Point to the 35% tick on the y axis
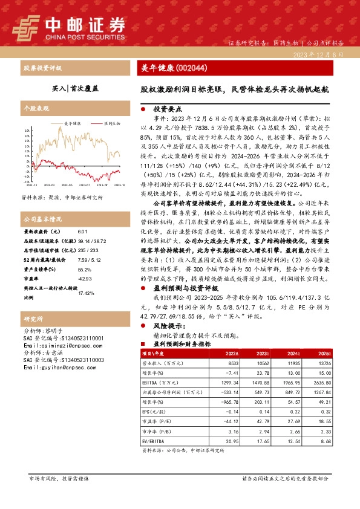click(27, 130)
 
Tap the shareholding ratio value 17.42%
click(87, 293)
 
